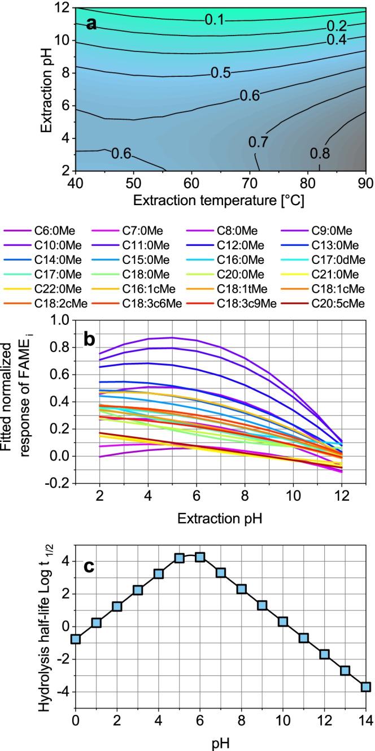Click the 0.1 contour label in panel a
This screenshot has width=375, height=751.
[215, 20]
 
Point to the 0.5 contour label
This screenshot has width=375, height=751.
[221, 72]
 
